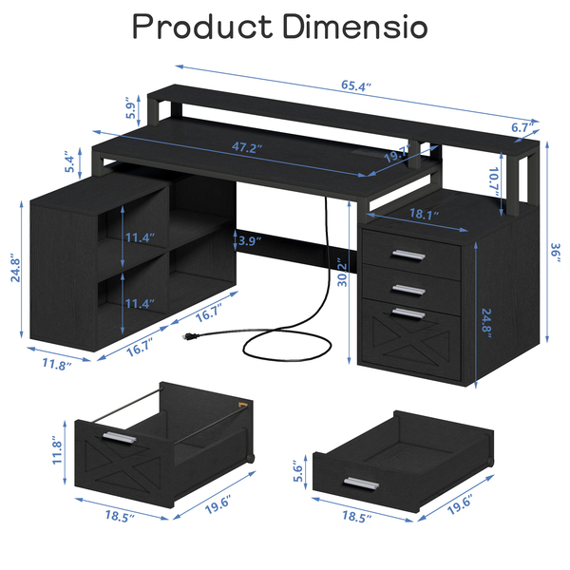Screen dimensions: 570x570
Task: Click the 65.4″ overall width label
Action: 356,86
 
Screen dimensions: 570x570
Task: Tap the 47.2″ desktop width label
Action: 247,147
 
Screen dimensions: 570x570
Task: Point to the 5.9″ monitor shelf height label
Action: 130,108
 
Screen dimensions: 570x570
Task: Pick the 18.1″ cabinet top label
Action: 424,214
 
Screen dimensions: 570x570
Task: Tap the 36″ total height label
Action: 556,253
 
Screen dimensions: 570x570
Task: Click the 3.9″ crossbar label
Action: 250,240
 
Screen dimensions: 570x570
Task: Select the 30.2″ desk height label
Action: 342,273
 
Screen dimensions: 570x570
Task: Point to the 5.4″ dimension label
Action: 69,163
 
